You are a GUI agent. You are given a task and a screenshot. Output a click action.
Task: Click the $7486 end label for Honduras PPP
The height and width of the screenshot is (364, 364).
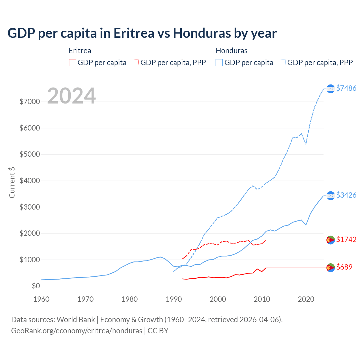346,88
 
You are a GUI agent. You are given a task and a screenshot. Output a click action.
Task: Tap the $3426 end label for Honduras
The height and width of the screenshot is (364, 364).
346,195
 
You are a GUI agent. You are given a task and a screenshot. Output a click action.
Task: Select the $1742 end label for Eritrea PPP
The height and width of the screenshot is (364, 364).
346,240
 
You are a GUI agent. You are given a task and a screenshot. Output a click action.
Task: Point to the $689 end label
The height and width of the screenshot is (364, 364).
344,267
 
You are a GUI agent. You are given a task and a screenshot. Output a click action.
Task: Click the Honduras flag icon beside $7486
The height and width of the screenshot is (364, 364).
330,89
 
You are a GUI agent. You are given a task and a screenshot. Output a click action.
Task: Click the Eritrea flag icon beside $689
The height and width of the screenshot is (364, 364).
330,268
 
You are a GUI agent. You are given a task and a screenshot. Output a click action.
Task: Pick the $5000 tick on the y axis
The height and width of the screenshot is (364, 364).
30,154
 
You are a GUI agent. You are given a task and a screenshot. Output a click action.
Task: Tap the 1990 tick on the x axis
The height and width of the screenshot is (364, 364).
174,299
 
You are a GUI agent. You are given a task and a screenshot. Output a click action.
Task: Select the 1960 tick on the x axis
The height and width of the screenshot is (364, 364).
42,299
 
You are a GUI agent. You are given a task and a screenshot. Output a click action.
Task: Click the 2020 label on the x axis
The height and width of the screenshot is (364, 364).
306,299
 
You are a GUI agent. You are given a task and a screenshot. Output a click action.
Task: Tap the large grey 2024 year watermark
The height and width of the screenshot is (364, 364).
71,96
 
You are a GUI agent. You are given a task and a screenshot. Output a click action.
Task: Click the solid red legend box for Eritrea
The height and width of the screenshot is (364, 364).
73,63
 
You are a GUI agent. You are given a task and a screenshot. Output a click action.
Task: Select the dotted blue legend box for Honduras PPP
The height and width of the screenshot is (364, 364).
282,63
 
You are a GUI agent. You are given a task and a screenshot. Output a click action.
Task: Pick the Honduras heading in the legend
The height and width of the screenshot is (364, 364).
231,51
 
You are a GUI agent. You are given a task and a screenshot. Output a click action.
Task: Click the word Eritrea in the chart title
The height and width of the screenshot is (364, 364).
134,33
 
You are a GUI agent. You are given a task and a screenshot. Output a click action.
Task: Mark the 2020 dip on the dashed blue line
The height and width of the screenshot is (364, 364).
306,144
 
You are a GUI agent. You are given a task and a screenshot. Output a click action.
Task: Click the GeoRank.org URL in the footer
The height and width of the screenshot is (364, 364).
76,331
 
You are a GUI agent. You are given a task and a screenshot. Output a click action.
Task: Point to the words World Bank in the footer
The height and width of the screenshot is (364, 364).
76,320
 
